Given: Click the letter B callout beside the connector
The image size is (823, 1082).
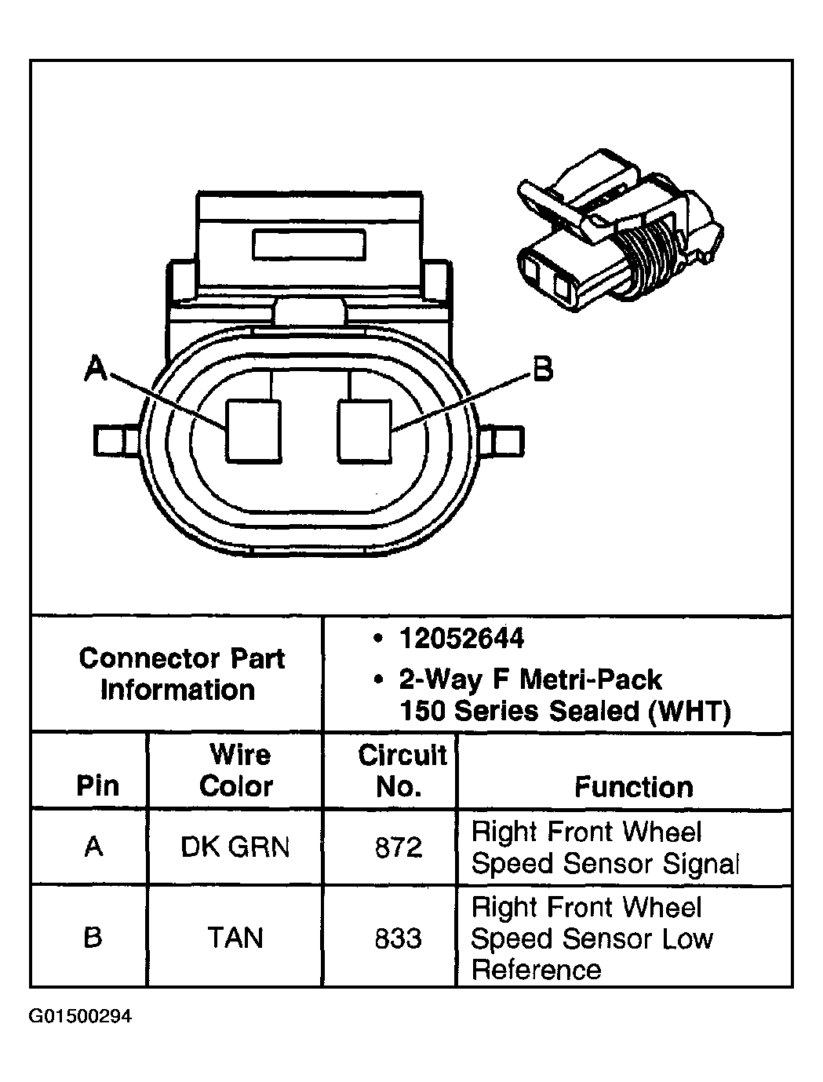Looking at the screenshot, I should tap(543, 368).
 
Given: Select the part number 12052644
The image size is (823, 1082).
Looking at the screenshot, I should tap(461, 639).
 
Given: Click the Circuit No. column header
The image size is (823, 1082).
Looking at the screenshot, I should tap(401, 771).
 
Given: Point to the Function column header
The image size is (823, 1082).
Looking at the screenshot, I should tap(633, 786).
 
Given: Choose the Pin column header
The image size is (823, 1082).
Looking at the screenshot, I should tap(97, 785).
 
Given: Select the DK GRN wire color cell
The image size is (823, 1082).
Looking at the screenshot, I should tap(235, 847).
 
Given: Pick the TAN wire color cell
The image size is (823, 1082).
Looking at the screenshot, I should tap(235, 938).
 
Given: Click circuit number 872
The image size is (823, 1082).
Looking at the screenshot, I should tap(399, 847).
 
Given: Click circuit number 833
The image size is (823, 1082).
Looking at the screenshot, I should tap(399, 938).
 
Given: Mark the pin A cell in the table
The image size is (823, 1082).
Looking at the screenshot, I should tap(93, 847).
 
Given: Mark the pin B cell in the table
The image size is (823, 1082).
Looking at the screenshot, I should tap(93, 938).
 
